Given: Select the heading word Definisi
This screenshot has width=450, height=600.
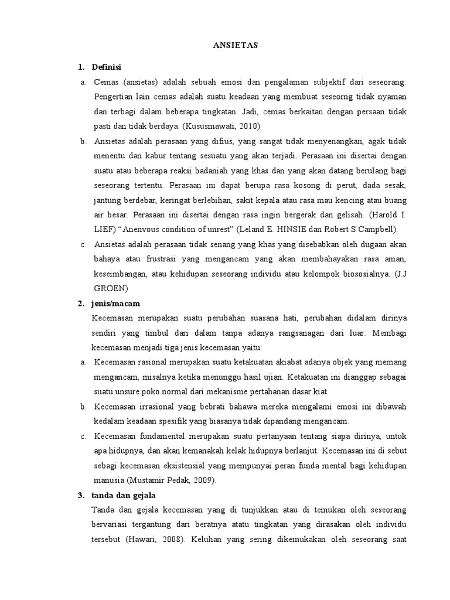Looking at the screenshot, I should coord(106,67).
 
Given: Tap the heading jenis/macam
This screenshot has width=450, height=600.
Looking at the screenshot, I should coord(116,303).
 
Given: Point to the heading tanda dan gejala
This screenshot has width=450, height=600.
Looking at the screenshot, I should coord(122,495).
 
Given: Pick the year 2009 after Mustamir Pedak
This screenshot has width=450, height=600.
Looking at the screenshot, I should coord(203,480).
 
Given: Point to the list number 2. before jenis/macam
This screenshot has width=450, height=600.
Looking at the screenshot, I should coord(81,303).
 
